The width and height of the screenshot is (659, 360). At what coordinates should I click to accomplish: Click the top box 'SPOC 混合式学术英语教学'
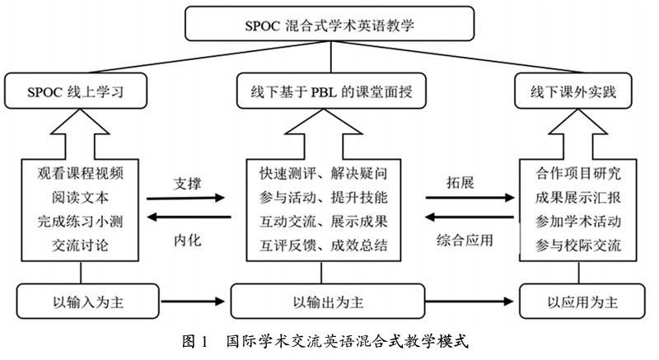330,25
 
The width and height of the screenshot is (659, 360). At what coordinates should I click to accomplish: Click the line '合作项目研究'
574,175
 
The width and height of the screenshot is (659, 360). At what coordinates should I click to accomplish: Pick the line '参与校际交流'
574,244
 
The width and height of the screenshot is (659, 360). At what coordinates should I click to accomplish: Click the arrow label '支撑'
187,182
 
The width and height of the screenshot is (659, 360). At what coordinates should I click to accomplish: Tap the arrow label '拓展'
462,182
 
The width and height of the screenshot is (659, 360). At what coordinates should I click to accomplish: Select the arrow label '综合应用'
467,241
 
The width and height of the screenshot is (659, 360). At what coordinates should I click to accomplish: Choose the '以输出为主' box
329,300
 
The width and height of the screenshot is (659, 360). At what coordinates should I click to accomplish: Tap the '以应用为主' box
582,300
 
